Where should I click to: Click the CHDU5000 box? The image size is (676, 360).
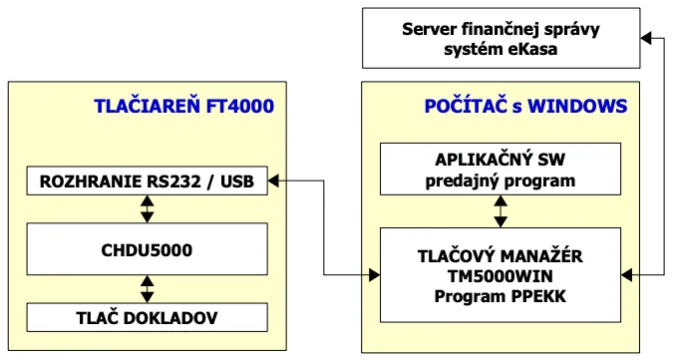click(148, 249)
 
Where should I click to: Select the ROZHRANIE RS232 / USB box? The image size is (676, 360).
click(148, 180)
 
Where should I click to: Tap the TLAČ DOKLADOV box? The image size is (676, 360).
click(148, 318)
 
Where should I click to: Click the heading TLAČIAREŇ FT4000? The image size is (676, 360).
click(183, 106)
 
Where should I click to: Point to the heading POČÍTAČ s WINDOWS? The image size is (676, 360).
click(524, 106)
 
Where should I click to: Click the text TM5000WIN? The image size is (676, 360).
click(500, 274)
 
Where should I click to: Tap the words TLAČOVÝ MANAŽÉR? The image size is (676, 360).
click(500, 255)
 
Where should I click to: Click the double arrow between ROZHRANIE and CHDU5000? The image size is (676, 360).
click(148, 207)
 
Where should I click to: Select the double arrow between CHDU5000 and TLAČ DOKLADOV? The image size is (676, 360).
click(148, 288)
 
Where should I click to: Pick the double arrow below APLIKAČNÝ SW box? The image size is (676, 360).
click(501, 210)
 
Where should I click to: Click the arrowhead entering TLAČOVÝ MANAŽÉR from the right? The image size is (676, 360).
click(627, 273)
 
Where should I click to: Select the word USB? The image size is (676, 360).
click(236, 180)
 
